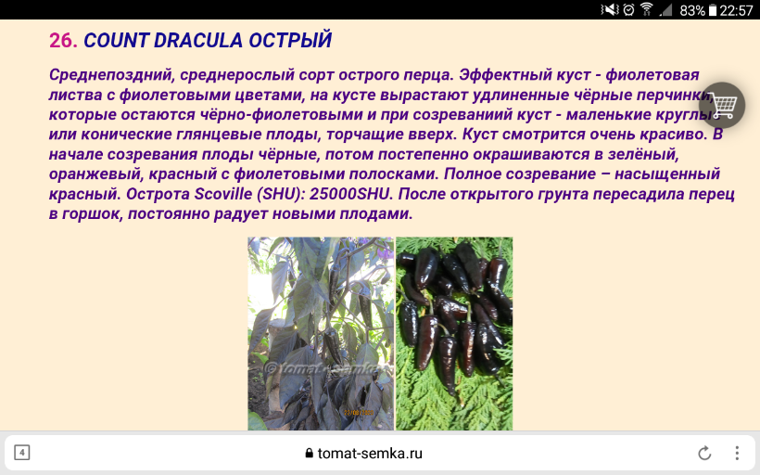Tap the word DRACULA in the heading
click(197, 40)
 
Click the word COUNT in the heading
click(115, 40)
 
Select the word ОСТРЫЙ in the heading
click(290, 39)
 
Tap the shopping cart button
click(722, 105)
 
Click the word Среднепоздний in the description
click(110, 75)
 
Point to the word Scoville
click(223, 194)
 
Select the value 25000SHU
click(350, 194)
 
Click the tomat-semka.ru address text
click(370, 453)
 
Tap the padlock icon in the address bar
click(310, 453)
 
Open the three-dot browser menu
click(737, 453)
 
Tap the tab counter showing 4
click(22, 453)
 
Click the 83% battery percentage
click(692, 10)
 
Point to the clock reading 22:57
click(736, 10)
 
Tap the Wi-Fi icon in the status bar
click(647, 9)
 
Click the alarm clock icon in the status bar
click(628, 9)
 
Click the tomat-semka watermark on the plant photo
click(326, 369)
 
